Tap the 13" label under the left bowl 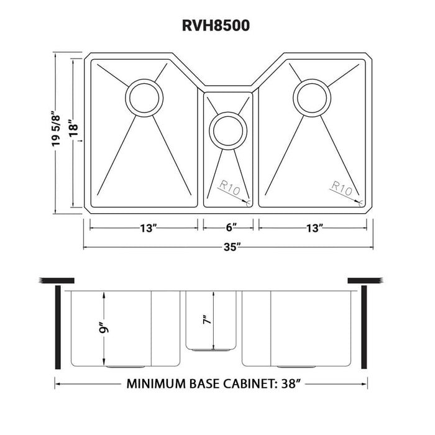click(147, 228)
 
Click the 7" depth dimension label click(206, 321)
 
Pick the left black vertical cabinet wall click(58, 327)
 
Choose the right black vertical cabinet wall click(365, 327)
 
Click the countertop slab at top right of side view click(367, 280)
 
